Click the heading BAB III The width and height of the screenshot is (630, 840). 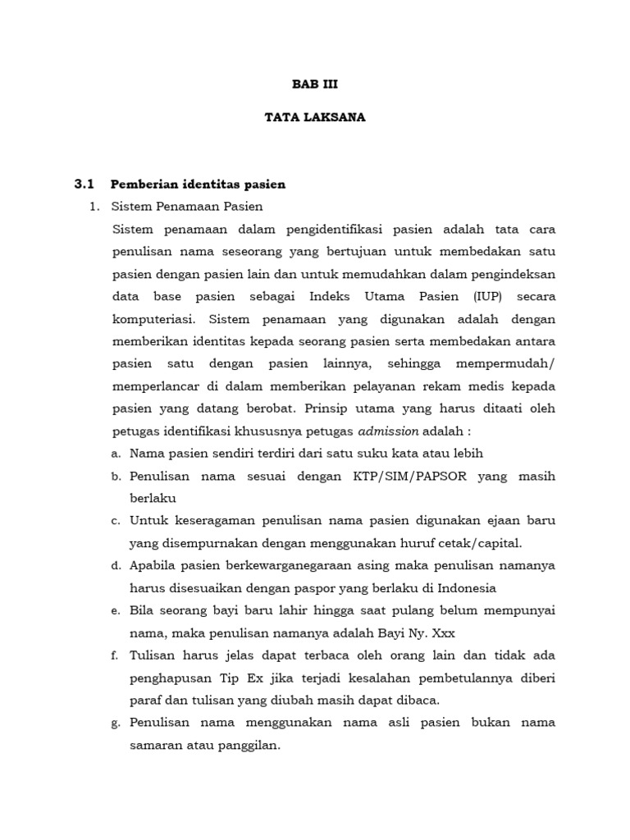[315, 84]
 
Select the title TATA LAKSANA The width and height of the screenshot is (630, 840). [315, 117]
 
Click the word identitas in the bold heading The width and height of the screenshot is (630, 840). [206, 184]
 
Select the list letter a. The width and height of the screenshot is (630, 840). [116, 454]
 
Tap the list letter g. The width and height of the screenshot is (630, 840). [116, 724]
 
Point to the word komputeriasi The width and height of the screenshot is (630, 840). [156, 318]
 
